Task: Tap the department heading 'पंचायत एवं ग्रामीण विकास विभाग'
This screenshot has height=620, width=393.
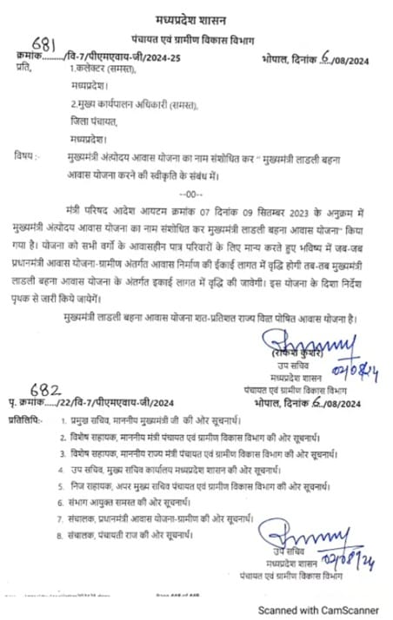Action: pyautogui.click(x=196, y=39)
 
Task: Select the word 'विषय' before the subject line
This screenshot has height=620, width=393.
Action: pyautogui.click(x=26, y=155)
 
